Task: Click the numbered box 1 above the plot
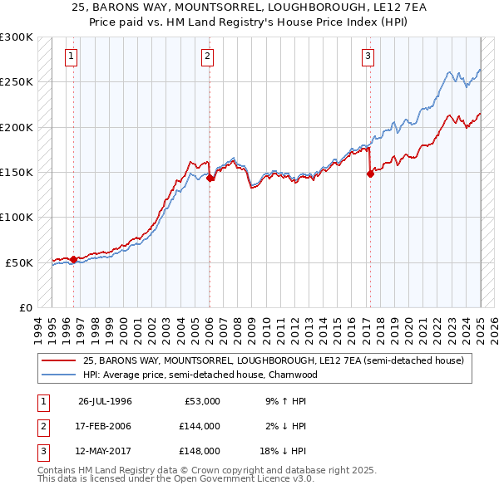click(x=72, y=56)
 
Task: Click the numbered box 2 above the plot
click(x=207, y=56)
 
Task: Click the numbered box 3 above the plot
click(x=367, y=56)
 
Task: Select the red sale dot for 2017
click(x=370, y=174)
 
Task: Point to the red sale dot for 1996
click(x=73, y=259)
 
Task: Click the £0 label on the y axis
click(x=24, y=307)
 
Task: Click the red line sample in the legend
click(x=60, y=360)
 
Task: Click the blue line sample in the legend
click(x=60, y=375)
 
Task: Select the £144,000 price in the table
click(x=200, y=426)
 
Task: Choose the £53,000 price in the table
click(x=202, y=401)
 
